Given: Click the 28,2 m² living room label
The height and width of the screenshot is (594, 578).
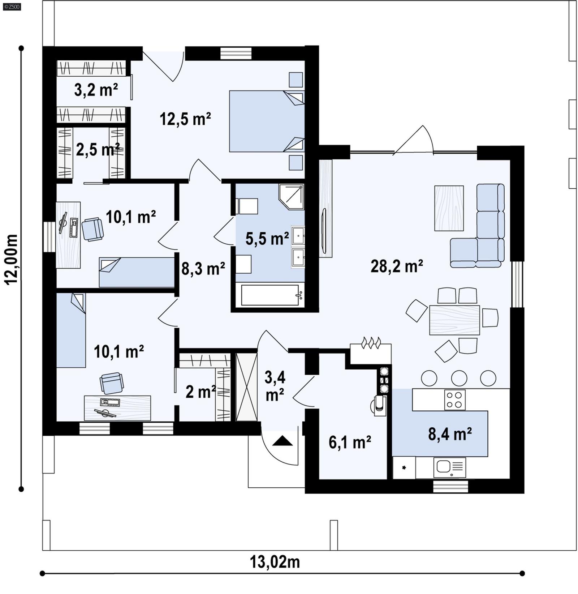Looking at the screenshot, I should point(397,267).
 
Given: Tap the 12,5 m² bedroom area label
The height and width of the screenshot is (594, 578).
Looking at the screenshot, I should point(185,119).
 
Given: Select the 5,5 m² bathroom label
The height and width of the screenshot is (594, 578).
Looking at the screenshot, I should point(267,239).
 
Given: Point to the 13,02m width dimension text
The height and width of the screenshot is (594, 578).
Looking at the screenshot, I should point(275,562).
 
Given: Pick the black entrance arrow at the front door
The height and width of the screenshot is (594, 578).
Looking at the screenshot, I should point(282,441).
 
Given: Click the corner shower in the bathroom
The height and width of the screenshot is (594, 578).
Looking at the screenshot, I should point(292,196).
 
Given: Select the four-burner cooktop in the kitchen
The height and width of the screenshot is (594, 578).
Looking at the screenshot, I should point(454,400).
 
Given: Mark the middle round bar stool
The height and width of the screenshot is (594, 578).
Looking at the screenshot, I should point(459,378).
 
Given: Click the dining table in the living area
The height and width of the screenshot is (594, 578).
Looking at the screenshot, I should point(454,320).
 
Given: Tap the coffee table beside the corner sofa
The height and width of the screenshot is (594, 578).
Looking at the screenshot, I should point(449,208).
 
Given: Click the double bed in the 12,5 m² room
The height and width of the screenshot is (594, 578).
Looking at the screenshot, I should point(267,121).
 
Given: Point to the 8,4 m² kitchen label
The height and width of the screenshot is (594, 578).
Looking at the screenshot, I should point(450,434).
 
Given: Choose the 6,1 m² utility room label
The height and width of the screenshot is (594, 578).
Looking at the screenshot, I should point(350,442).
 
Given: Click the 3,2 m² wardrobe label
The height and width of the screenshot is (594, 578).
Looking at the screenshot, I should point(96,90).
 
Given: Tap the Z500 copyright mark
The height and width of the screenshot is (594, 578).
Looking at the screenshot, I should point(12,7).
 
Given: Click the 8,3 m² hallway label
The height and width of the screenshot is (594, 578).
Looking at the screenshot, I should point(203,269).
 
